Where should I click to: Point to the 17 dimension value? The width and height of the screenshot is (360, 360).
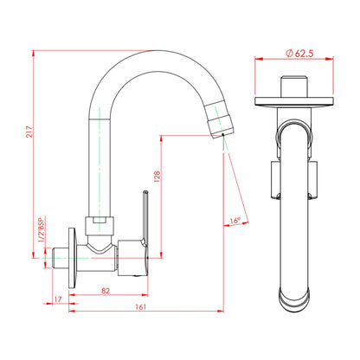coord(58,299)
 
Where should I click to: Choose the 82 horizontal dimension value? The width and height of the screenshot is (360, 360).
coord(106,292)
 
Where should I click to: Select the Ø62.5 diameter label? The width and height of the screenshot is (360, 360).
coord(299,53)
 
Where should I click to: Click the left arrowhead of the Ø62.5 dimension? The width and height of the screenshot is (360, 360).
coord(258,61)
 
